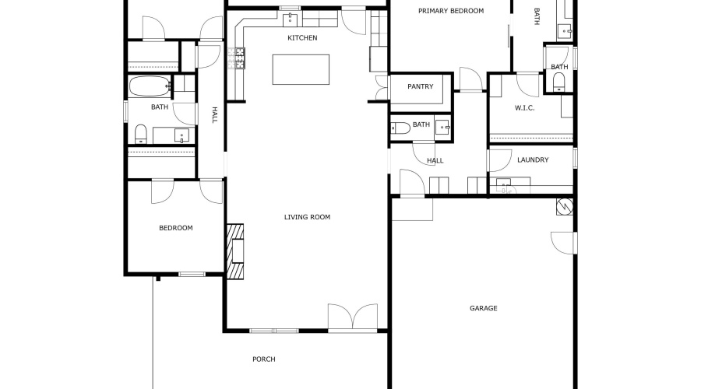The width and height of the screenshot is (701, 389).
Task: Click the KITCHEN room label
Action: tap(302, 37)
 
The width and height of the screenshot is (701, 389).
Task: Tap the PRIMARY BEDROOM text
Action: tap(451, 11)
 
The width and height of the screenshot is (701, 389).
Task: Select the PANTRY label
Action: tap(420, 86)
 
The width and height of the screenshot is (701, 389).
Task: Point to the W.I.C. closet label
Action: tap(524, 107)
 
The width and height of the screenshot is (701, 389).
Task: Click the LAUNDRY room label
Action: tap(533, 159)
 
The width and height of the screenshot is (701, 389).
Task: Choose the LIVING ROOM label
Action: tap(307, 217)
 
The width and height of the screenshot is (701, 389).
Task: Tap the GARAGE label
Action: tap(483, 308)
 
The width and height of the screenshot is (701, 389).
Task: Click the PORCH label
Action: tap(264, 359)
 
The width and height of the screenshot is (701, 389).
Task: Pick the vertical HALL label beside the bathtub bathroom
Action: tap(214, 115)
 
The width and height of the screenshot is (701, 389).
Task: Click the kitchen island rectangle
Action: tap(301, 69)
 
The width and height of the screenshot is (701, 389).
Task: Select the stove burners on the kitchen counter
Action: tap(236, 58)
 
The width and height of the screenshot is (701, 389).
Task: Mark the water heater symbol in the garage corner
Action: tap(564, 206)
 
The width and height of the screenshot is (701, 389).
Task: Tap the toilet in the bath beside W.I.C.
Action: tap(558, 84)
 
